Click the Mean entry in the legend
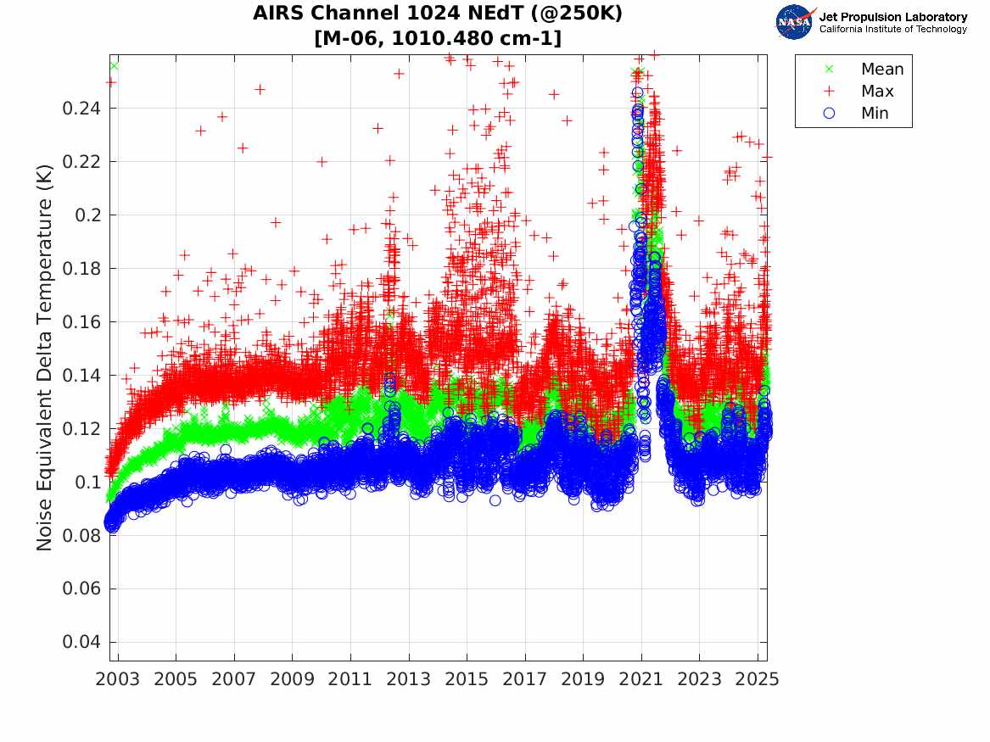(x=882, y=70)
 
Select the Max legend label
(x=877, y=92)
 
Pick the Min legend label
(x=875, y=114)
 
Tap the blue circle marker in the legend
(x=829, y=114)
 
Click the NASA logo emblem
(x=795, y=22)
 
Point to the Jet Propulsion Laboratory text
(x=892, y=17)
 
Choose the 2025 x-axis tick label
(x=758, y=679)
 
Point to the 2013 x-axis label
(x=409, y=679)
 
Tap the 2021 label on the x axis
(x=641, y=679)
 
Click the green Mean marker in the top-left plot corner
(x=114, y=65)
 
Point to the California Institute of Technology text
(x=892, y=30)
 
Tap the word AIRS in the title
(x=277, y=14)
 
